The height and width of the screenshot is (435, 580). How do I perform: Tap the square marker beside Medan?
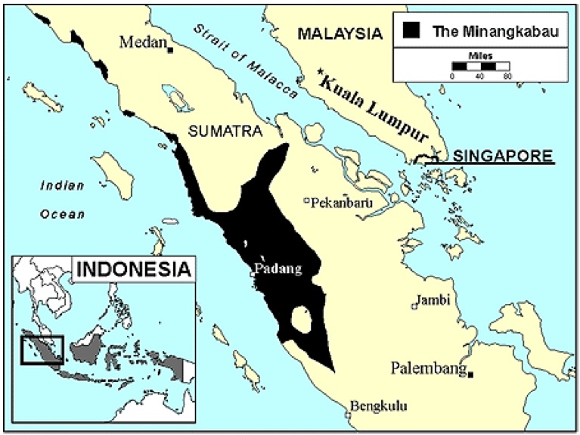(172, 50)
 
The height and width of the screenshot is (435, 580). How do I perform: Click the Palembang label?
(427, 368)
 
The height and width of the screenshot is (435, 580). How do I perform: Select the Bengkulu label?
(375, 409)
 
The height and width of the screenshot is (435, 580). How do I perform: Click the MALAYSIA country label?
(338, 33)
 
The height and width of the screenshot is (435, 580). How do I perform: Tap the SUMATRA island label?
(225, 132)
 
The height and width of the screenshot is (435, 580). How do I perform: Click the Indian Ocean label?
(63, 199)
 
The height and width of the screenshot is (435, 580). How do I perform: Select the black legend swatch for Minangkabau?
(411, 31)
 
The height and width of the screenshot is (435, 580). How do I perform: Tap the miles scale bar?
(480, 67)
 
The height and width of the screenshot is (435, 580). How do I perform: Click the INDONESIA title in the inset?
(133, 269)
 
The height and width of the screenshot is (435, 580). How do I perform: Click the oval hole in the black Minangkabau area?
(302, 320)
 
